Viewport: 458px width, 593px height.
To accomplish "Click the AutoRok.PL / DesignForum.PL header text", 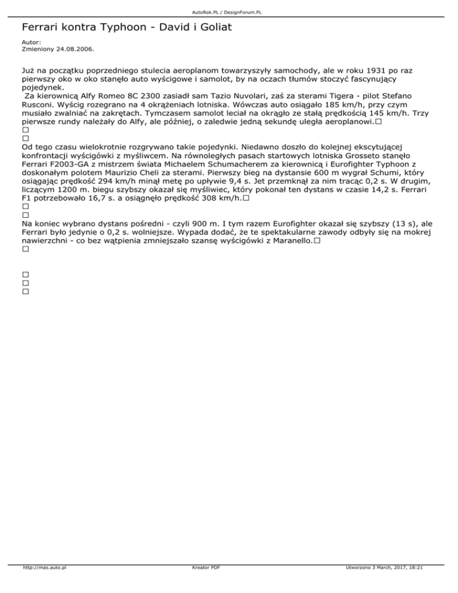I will click(x=229, y=11).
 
